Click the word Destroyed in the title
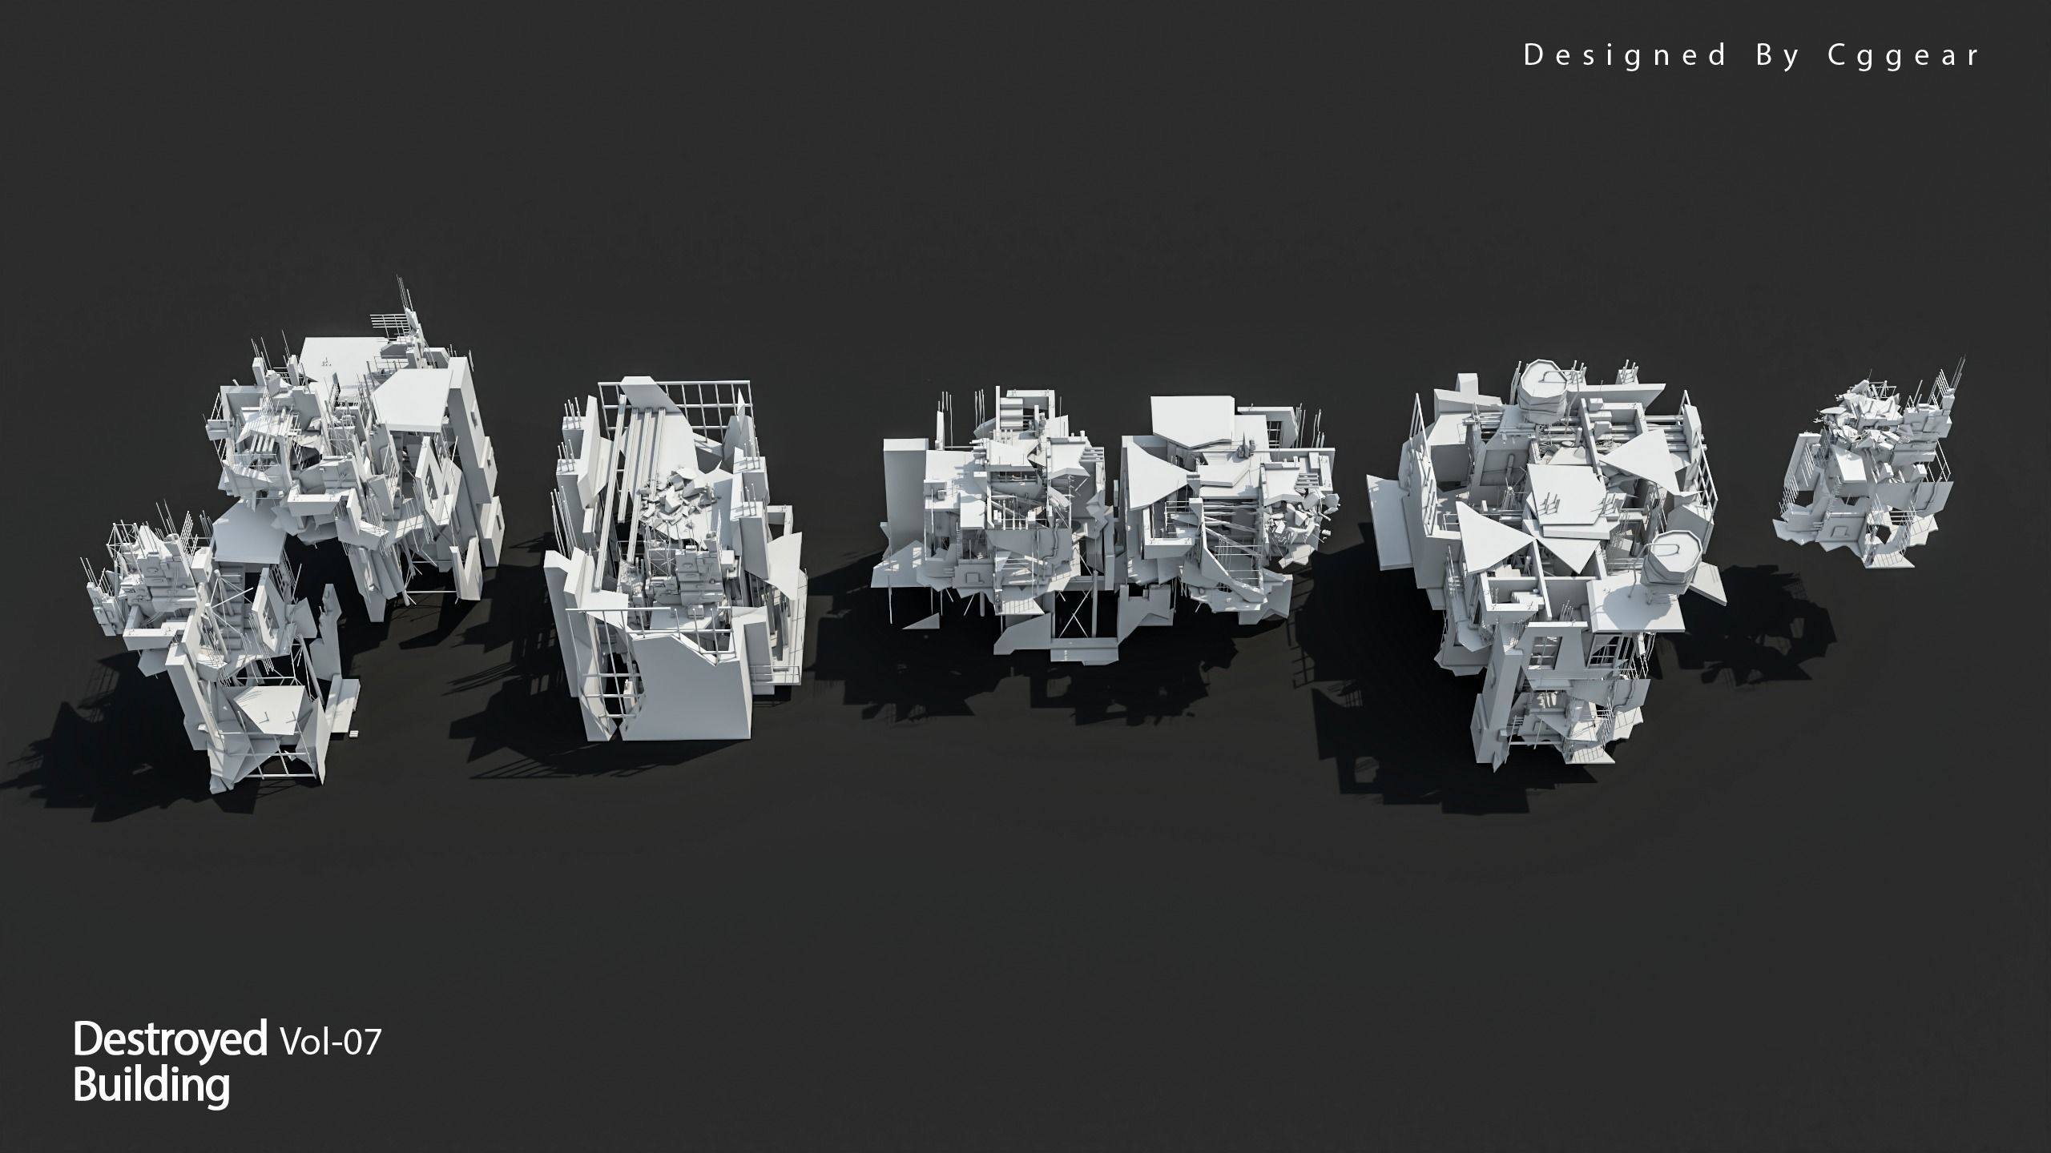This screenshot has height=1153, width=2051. (169, 1039)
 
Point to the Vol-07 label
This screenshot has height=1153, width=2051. (329, 1043)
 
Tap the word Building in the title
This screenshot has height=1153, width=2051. (151, 1086)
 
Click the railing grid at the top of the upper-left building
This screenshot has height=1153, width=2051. (393, 325)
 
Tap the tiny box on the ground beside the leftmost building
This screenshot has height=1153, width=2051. (353, 733)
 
